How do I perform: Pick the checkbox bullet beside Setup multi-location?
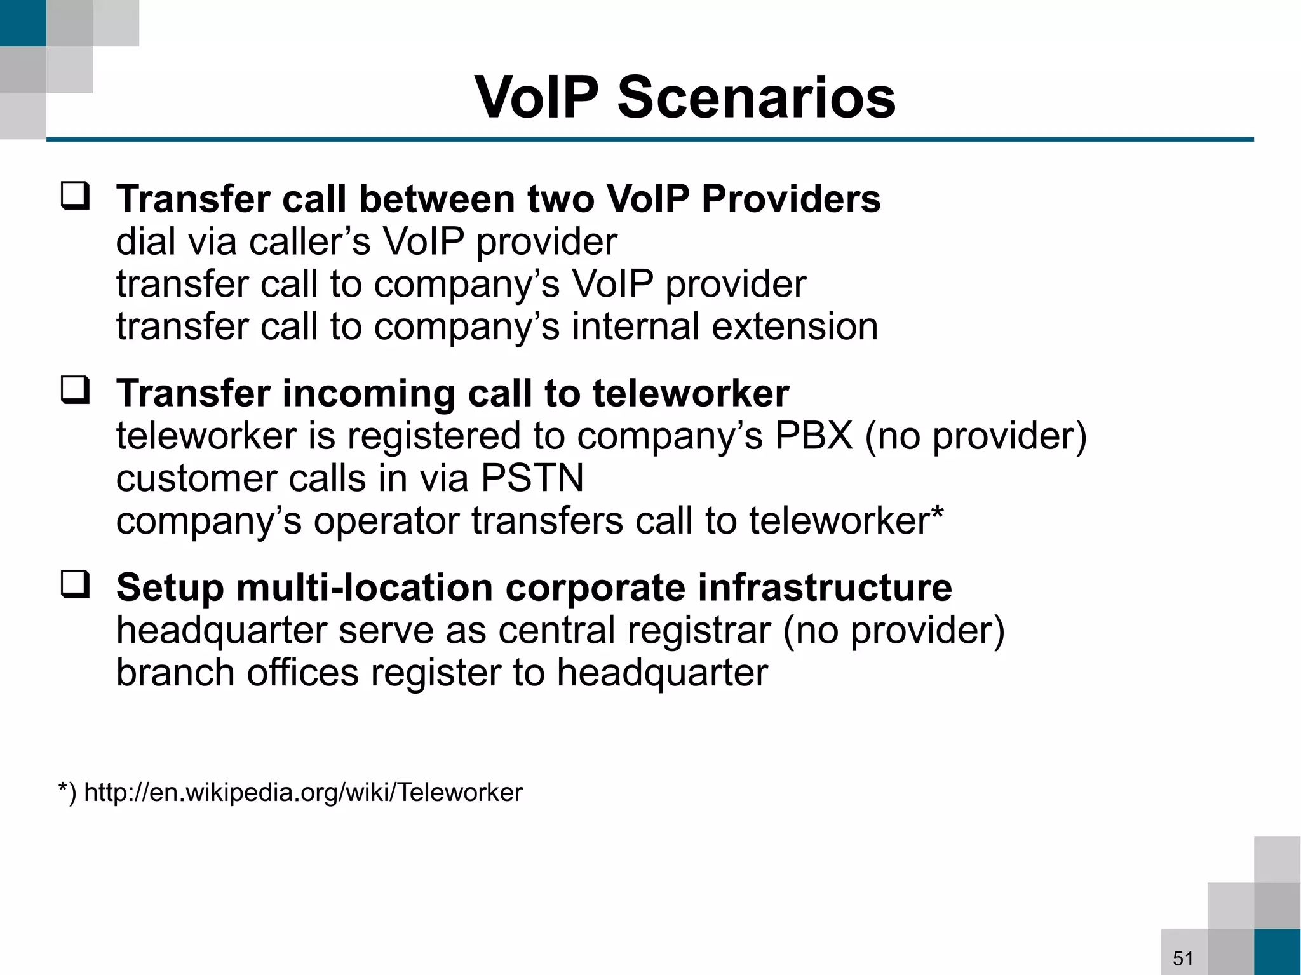click(75, 584)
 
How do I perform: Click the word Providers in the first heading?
click(791, 199)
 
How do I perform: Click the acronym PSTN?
click(532, 478)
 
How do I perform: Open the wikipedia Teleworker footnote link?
click(303, 792)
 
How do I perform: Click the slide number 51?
click(1183, 958)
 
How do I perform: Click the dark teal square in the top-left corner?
click(23, 23)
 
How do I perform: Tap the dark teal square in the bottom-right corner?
click(1277, 951)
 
